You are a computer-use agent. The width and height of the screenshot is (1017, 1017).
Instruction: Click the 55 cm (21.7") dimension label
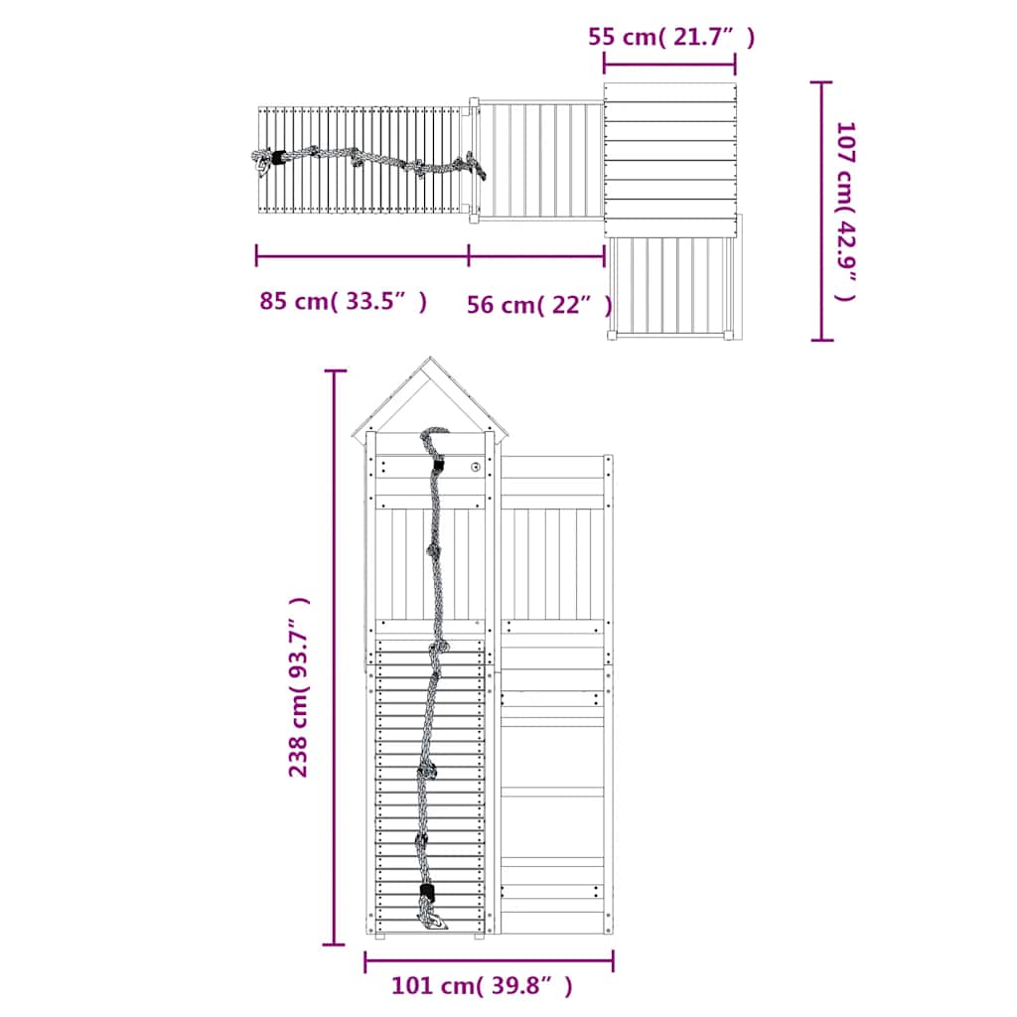click(671, 37)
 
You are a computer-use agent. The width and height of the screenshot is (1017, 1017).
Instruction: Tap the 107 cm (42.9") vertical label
click(846, 212)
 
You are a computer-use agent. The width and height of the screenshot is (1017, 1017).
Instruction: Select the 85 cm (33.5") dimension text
click(343, 302)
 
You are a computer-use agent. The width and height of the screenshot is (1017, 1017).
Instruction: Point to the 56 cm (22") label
click(539, 305)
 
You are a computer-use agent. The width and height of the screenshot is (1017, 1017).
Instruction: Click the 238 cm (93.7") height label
click(298, 687)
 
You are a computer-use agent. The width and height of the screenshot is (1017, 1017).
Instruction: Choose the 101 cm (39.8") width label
click(482, 986)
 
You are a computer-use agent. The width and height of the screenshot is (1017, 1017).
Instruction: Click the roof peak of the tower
click(430, 358)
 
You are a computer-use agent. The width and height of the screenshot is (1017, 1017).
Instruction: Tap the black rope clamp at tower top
click(438, 465)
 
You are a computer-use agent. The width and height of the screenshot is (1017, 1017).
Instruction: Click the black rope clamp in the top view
click(279, 158)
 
